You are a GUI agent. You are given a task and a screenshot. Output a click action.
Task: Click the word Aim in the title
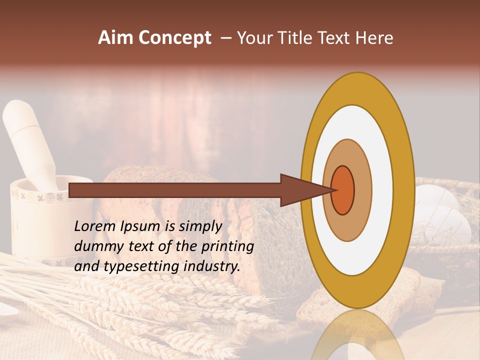click(116, 38)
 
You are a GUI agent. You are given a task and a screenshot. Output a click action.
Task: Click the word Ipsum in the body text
click(140, 227)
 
